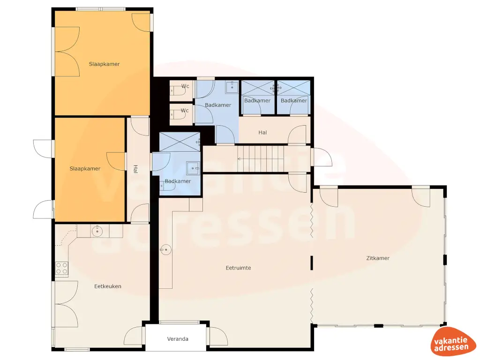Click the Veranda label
click(178, 339)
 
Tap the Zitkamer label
click(378, 258)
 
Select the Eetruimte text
click(238, 268)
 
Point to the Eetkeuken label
click(108, 286)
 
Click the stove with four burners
click(62, 268)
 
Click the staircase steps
click(262, 158)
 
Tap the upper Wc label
click(185, 86)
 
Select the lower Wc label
click(185, 111)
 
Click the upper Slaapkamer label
click(104, 64)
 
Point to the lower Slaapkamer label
click(85, 169)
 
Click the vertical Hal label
click(135, 169)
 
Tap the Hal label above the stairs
click(262, 133)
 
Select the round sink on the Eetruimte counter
click(165, 250)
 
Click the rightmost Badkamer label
click(294, 101)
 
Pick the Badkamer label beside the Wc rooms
click(218, 105)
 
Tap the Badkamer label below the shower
click(178, 181)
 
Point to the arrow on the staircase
click(240, 159)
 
